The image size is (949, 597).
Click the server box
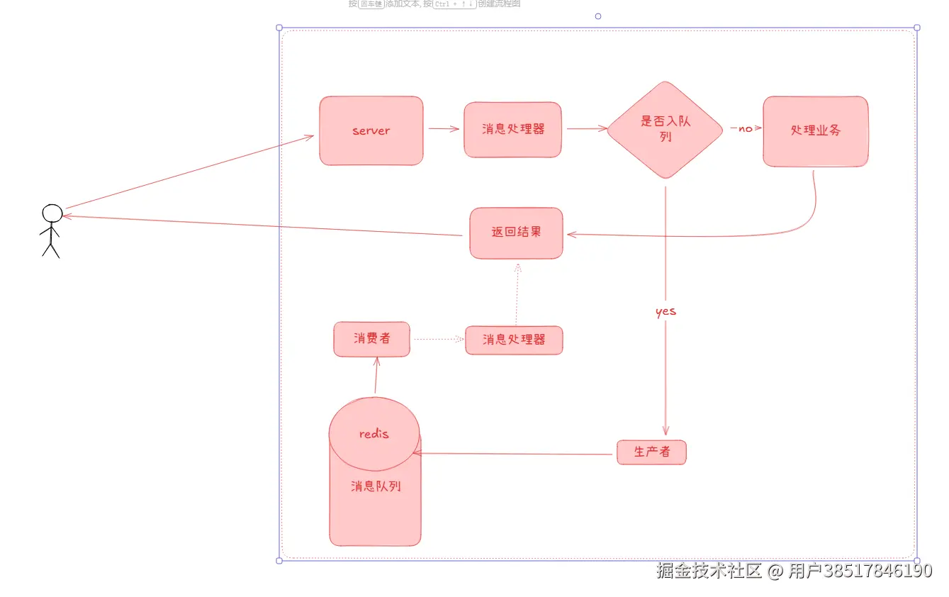[x=371, y=131]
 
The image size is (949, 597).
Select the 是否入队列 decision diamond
[x=665, y=130]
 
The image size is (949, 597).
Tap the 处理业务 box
[x=815, y=131]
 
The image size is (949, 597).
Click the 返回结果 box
[x=516, y=233]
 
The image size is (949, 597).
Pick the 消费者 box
[x=371, y=339]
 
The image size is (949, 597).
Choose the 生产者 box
[x=651, y=452]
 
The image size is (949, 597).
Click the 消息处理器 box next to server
[x=512, y=130]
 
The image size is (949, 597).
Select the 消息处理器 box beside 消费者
[x=514, y=340]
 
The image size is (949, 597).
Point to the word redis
[x=374, y=434]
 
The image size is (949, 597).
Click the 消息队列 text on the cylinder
[x=376, y=487]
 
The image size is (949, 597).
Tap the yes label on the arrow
[x=666, y=311]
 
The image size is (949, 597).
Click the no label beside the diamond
[x=745, y=129]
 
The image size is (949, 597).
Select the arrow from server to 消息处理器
[x=444, y=129]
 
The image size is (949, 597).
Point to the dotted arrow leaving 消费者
[x=438, y=339]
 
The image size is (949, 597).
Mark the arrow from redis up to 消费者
[x=376, y=376]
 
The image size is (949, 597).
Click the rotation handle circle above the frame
[x=598, y=16]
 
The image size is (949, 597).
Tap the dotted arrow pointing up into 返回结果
[x=517, y=294]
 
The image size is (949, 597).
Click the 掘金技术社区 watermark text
[x=709, y=571]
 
